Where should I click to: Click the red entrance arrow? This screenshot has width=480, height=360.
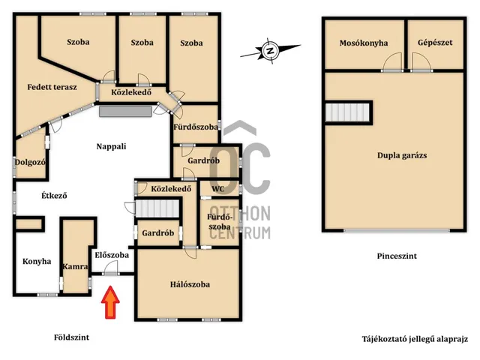(x=110, y=302)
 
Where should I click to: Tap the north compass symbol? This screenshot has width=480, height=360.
(x=270, y=51)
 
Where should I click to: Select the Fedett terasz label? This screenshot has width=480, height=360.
(x=52, y=87)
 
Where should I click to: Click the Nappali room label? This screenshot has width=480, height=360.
(x=111, y=146)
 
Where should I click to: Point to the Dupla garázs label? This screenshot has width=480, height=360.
(x=402, y=155)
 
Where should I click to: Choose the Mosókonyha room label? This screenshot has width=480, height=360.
(x=364, y=43)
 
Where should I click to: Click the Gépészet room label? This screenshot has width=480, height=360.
(x=435, y=43)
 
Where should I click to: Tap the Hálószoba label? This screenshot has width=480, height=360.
(x=190, y=284)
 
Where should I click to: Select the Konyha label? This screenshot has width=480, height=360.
(x=37, y=262)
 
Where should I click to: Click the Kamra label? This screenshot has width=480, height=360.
(x=75, y=267)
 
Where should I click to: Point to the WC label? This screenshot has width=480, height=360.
(x=218, y=189)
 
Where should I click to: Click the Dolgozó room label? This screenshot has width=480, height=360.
(x=30, y=162)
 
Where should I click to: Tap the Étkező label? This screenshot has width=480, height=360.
(x=54, y=195)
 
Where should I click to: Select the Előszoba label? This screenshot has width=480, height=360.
(x=112, y=255)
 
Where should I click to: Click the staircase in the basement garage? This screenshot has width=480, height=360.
(x=348, y=112)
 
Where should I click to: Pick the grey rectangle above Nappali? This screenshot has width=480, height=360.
(x=125, y=112)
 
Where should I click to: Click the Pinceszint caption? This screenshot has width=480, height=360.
(x=397, y=256)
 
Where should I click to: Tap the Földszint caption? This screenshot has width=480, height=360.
(x=72, y=337)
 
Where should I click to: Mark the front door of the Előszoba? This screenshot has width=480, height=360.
(x=111, y=273)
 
